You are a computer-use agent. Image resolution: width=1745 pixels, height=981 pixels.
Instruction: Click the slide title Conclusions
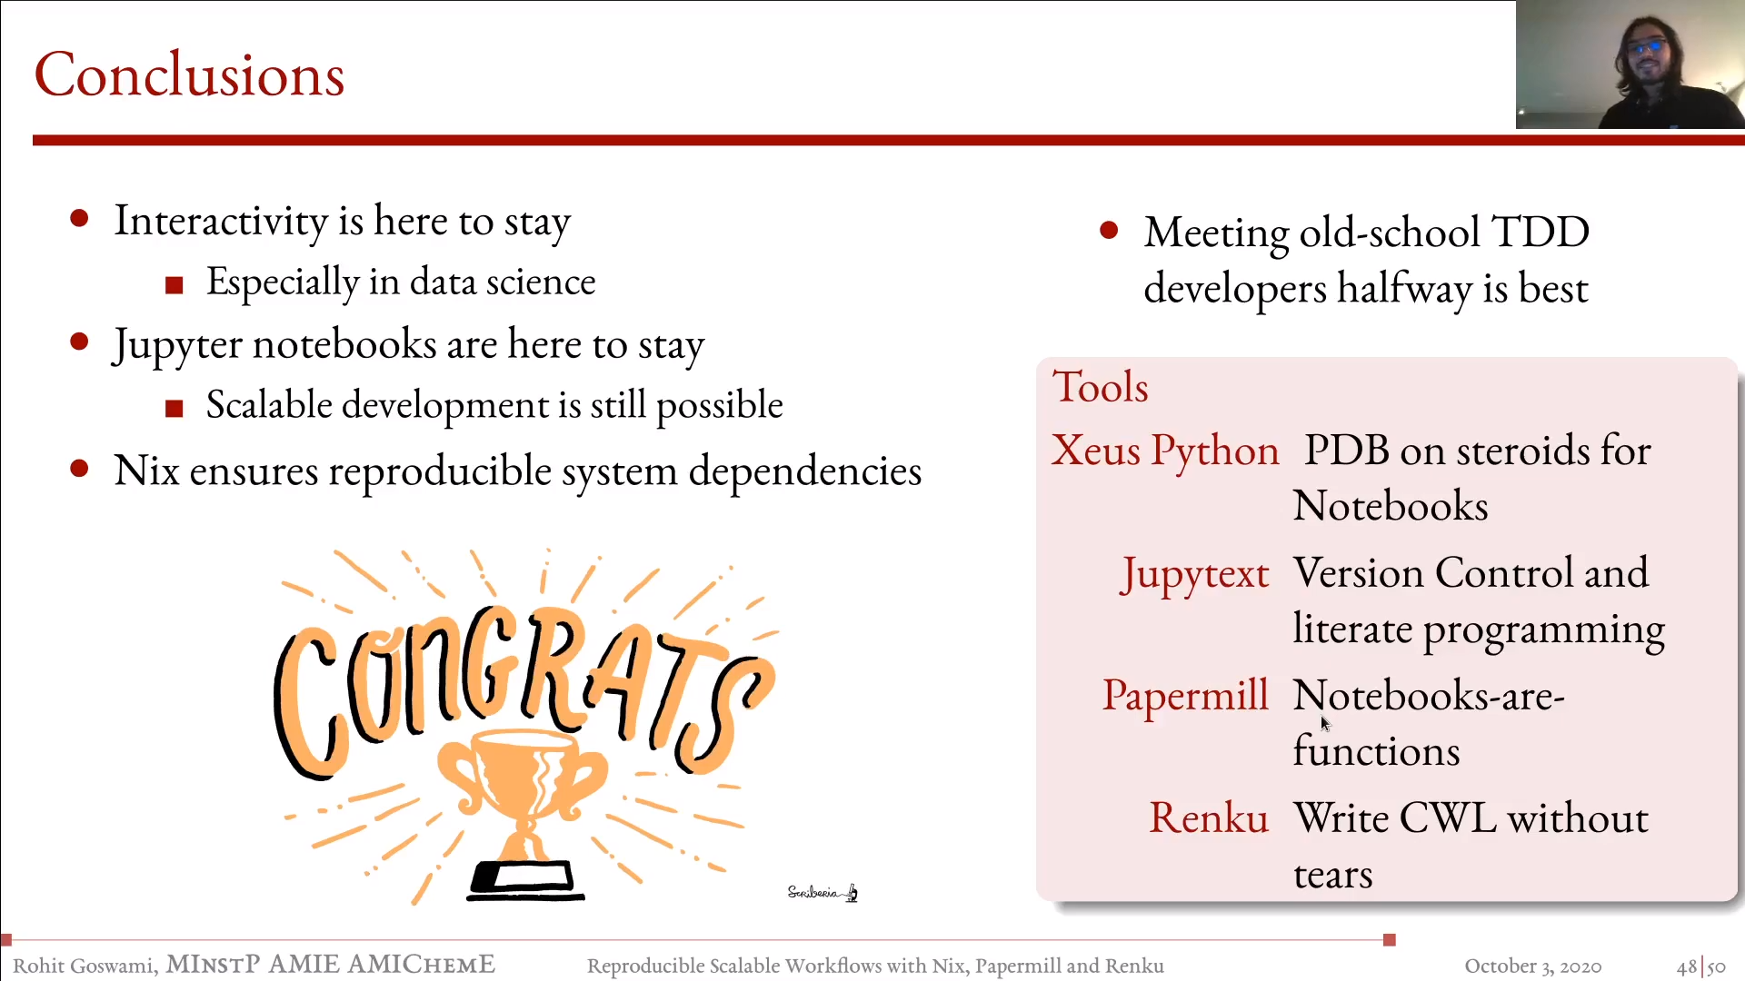click(x=189, y=74)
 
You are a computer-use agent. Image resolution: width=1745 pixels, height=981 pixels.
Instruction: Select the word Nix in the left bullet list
click(x=146, y=471)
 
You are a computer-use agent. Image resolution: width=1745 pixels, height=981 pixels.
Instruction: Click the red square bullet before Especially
click(x=174, y=285)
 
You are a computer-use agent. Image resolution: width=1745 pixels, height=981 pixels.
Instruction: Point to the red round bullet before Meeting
click(x=1108, y=230)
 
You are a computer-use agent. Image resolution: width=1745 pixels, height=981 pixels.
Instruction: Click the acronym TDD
click(x=1541, y=233)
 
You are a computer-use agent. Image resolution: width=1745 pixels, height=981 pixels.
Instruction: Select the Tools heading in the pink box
click(x=1100, y=387)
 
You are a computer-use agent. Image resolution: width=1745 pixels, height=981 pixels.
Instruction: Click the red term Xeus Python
click(x=1165, y=451)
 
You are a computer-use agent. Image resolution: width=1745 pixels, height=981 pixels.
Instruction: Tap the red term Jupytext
click(x=1194, y=575)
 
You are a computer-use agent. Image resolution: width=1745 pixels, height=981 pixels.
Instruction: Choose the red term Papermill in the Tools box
click(x=1185, y=696)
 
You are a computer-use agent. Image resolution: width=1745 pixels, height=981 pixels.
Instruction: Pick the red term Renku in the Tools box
click(x=1209, y=817)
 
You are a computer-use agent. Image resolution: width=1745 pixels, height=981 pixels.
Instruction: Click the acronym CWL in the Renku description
click(x=1449, y=818)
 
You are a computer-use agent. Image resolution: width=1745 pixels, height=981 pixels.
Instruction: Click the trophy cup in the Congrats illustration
click(x=521, y=781)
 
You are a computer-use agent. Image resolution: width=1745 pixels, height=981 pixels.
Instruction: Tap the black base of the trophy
click(x=524, y=880)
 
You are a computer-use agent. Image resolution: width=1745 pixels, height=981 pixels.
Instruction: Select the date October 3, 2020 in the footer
click(x=1532, y=966)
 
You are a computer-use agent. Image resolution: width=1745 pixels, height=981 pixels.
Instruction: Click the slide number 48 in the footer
click(x=1687, y=966)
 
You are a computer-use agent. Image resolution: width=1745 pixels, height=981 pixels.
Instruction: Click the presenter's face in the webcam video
click(x=1647, y=59)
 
